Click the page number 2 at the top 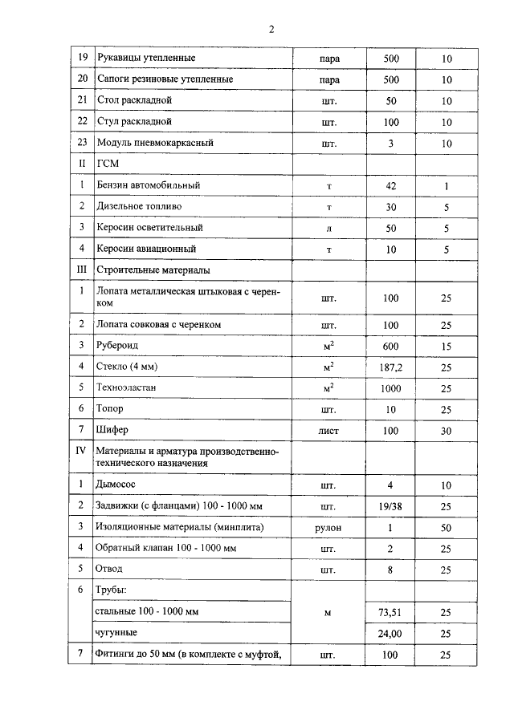[271, 30]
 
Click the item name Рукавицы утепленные [145, 59]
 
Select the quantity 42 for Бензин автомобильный [391, 185]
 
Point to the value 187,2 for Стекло [391, 367]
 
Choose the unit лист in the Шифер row [328, 430]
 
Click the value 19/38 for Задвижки [391, 506]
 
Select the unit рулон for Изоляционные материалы [328, 527]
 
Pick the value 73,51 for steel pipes [391, 612]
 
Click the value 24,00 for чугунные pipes [391, 633]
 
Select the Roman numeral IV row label [80, 451]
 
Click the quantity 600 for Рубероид [391, 346]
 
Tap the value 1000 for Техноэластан [391, 387]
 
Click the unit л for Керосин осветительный [328, 228]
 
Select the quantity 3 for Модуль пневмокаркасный [391, 143]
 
